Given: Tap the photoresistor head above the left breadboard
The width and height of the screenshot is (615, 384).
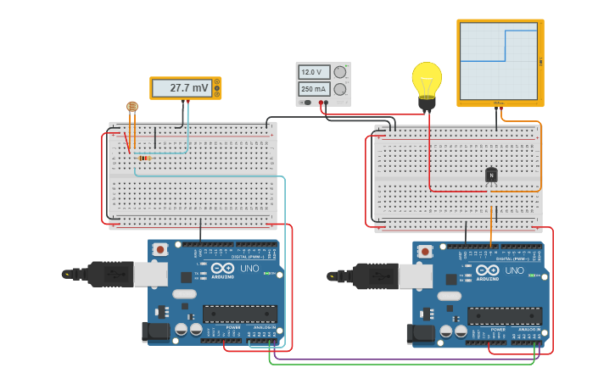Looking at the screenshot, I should [x=131, y=106].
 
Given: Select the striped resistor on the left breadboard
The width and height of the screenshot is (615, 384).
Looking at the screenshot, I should [x=144, y=158].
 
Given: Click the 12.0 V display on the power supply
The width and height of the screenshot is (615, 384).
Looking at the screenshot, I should [x=313, y=72].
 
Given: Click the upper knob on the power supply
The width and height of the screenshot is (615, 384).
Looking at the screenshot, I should [x=340, y=72].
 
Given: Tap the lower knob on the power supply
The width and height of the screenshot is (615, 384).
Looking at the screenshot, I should [x=340, y=89].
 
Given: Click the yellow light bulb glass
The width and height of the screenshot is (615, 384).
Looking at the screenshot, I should [x=427, y=79].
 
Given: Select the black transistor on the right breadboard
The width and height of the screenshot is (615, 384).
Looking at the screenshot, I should [x=490, y=175].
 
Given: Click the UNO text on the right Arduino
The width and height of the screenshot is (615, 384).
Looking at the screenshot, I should [x=514, y=270].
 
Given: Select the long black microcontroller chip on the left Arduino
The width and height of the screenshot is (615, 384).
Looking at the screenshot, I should [x=239, y=314].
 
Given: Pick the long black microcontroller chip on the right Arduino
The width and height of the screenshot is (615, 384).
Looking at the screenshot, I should [x=504, y=316].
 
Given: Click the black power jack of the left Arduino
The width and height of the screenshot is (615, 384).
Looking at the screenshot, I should [x=157, y=331].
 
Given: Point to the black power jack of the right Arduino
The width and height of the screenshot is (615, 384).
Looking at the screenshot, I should [x=422, y=334].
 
